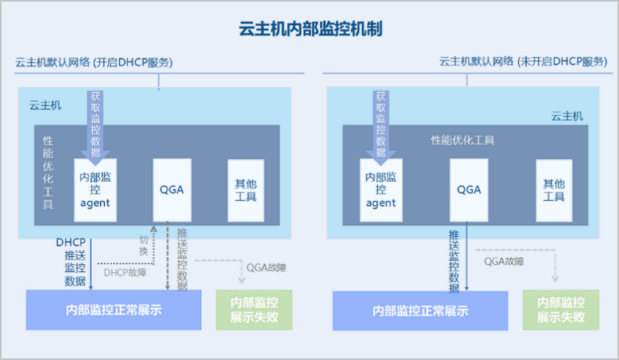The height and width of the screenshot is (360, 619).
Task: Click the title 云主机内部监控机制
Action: point(310,29)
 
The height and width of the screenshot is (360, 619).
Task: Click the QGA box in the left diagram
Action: point(172,190)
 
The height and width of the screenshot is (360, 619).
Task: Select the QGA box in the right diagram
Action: point(469,190)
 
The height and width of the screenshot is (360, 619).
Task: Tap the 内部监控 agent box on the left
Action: point(95,190)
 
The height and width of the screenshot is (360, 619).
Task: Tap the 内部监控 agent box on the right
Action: point(381,190)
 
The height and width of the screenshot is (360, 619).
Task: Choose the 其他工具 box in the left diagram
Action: point(246,190)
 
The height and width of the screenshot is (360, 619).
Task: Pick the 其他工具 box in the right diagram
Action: point(554,190)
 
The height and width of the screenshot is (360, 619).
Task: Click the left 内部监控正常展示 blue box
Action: point(113,310)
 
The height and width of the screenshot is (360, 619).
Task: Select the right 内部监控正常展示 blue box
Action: point(420,310)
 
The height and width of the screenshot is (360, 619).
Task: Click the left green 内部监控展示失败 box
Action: point(254,310)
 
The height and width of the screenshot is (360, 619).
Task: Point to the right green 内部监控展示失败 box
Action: point(561,310)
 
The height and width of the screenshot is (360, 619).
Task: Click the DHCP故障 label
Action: point(125,272)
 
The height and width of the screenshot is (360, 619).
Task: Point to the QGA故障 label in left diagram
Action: point(266,268)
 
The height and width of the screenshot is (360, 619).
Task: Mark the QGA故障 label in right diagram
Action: point(504,261)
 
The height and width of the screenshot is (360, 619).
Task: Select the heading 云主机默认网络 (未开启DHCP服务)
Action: point(523,62)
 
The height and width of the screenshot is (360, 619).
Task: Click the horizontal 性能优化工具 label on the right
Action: point(463,140)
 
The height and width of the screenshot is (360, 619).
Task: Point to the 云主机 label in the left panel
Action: point(45,105)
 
